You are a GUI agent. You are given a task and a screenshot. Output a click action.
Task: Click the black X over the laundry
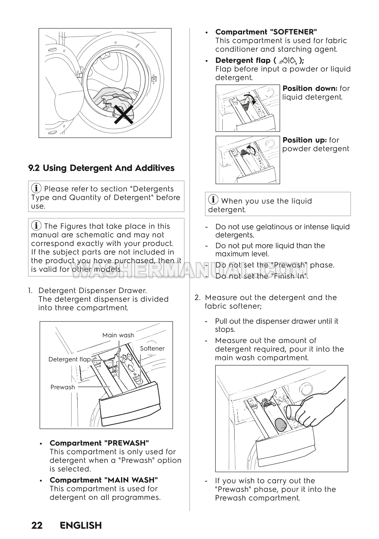(123, 114)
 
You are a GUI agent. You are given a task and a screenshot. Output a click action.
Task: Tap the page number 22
(37, 525)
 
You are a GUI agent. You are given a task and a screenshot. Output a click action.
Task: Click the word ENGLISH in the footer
(81, 525)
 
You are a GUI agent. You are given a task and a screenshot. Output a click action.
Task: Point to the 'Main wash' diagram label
(118, 335)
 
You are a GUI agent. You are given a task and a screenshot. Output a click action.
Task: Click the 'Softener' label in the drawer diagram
(152, 348)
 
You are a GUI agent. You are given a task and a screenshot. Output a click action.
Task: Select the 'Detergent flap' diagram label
(69, 359)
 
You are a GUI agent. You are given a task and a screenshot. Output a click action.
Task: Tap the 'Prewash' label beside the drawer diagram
(63, 387)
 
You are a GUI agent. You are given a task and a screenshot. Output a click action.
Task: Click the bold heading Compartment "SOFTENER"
(266, 32)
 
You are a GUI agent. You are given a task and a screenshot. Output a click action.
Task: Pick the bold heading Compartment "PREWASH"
(99, 443)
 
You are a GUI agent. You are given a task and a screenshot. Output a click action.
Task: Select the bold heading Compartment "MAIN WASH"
(104, 480)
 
